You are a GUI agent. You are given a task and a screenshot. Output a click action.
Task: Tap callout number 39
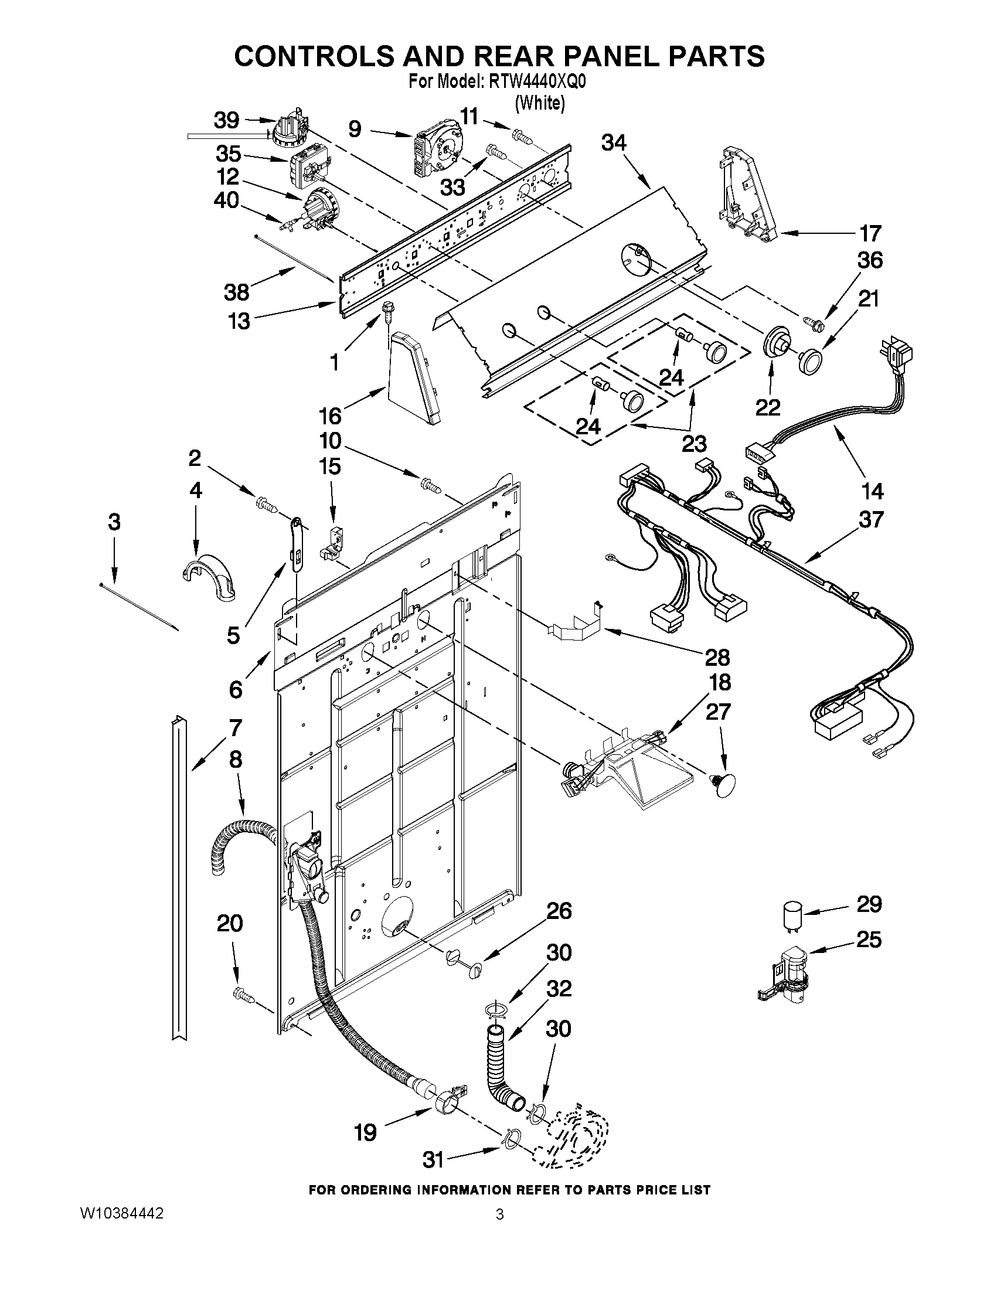coord(226,121)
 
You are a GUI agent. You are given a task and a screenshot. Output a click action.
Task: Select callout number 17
coord(870,233)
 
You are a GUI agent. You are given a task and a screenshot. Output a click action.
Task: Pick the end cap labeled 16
coord(414,377)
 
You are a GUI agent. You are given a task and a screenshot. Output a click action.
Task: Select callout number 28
coord(717,657)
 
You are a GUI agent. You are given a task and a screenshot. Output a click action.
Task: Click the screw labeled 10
coord(431,486)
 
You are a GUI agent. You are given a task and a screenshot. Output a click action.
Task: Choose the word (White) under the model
coord(540,103)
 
